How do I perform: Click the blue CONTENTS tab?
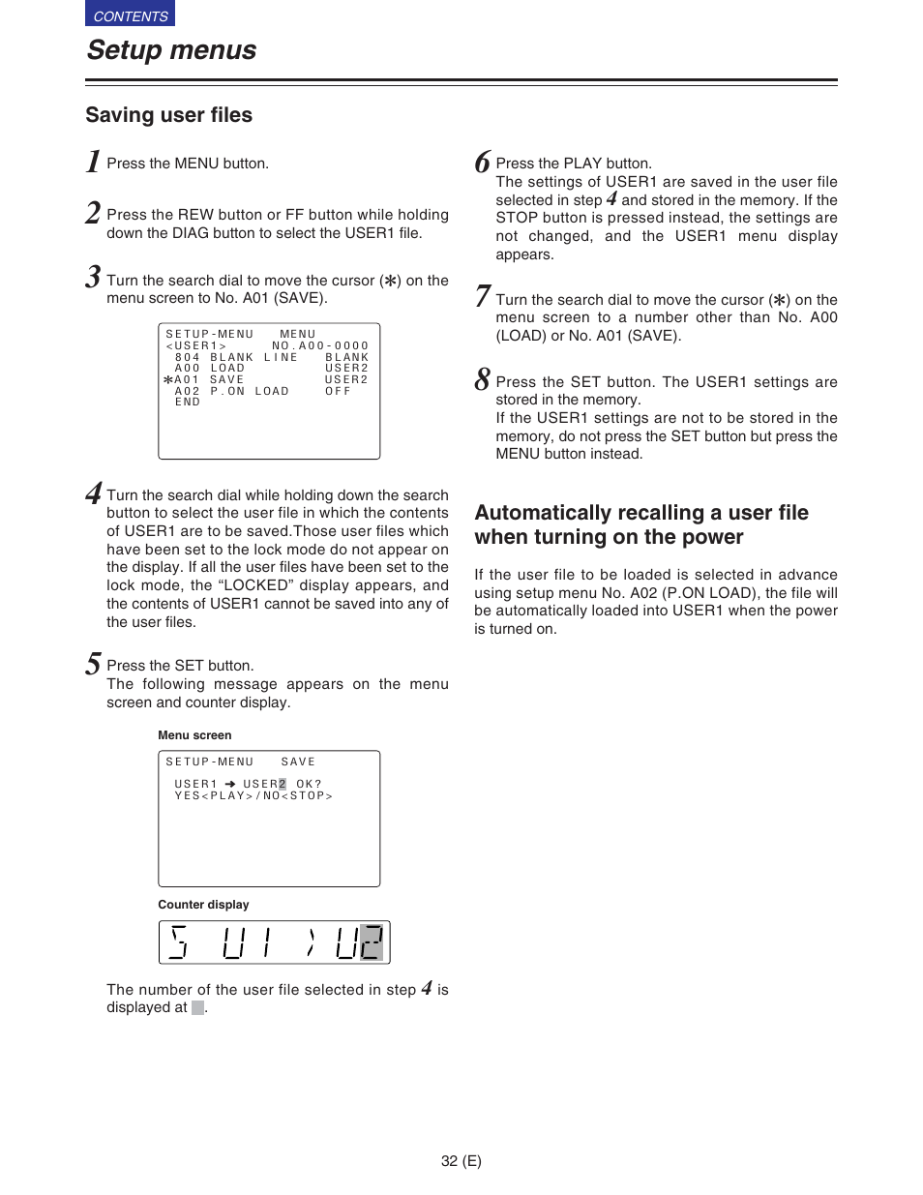[x=130, y=15]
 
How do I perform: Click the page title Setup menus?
[x=171, y=50]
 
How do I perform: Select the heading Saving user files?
[x=168, y=115]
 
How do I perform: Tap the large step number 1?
[x=93, y=162]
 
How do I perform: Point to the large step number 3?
[x=93, y=278]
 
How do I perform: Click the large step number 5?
[x=93, y=664]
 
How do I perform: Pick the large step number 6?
[x=482, y=163]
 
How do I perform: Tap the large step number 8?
[x=482, y=380]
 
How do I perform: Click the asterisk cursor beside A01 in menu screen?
[x=168, y=380]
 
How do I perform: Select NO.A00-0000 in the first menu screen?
[x=320, y=345]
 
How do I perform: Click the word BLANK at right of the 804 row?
[x=346, y=357]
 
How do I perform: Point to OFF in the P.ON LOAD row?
[x=338, y=391]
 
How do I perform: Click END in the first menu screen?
[x=188, y=403]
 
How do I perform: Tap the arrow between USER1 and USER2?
[x=230, y=785]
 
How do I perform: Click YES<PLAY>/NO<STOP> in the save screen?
[x=253, y=796]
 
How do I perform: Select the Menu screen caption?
[x=194, y=735]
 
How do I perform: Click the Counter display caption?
[x=203, y=905]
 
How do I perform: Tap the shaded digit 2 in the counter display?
[x=372, y=942]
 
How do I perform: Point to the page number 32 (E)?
[x=461, y=1161]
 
